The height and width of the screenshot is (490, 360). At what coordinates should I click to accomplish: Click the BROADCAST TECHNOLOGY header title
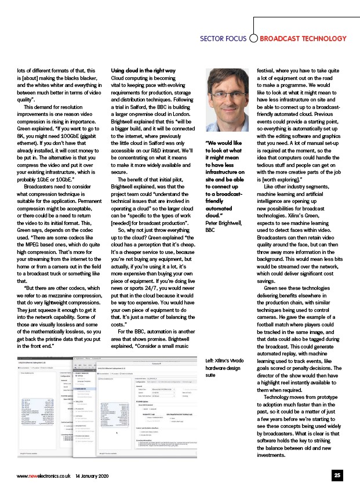tap(303, 39)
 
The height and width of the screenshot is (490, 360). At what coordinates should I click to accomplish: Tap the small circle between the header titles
tap(253, 39)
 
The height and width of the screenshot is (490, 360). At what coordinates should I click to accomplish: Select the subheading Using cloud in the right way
tap(143, 70)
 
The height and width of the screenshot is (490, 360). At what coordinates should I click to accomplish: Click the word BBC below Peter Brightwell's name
tap(210, 230)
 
